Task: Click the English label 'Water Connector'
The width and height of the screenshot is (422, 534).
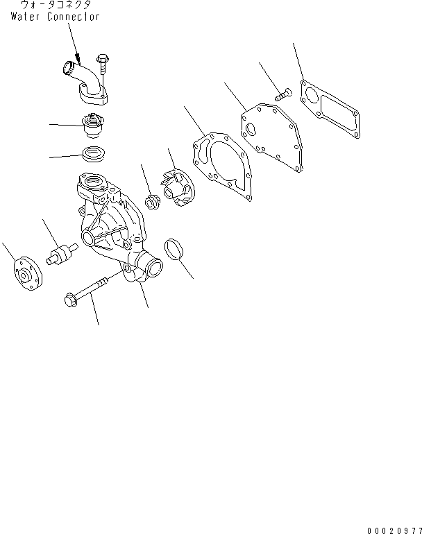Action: click(55, 17)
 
